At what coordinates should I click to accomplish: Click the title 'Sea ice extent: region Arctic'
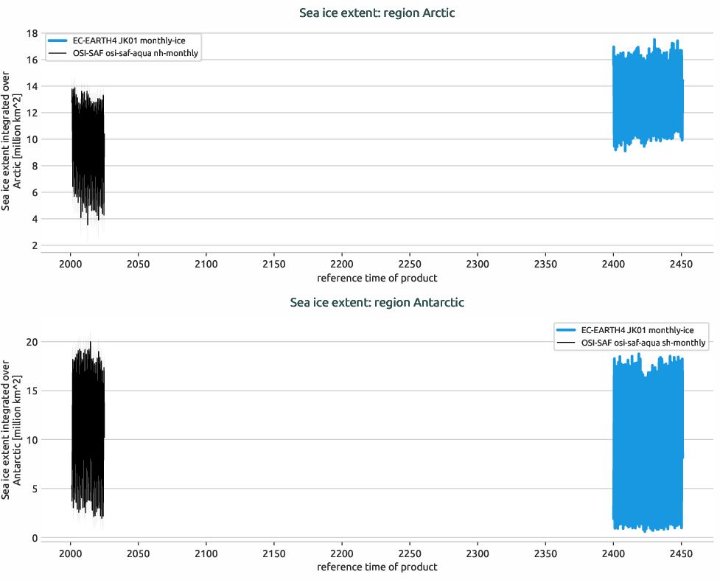click(x=377, y=13)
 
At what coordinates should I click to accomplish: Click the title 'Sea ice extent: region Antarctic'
click(x=377, y=302)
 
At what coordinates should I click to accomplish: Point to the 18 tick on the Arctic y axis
click(x=32, y=33)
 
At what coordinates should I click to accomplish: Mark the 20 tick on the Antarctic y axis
click(x=32, y=342)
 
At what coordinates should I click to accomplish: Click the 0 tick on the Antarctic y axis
click(x=35, y=538)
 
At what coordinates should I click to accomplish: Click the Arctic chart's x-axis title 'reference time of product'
click(x=377, y=279)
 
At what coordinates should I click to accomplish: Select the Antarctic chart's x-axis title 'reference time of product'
click(x=377, y=567)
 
